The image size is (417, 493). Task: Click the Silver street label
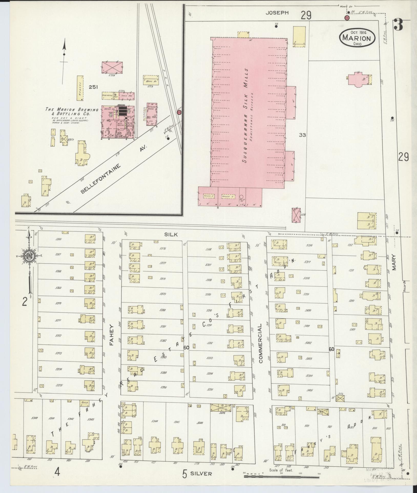(x=201, y=474)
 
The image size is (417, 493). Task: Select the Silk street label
(x=171, y=234)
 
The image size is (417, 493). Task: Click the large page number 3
(x=399, y=25)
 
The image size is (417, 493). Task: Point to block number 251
(x=93, y=87)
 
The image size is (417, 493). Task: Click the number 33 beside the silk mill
(x=303, y=135)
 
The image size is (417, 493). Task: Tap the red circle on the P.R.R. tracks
(x=179, y=112)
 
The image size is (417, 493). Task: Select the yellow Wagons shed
(x=80, y=88)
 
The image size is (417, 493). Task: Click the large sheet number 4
(x=57, y=472)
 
